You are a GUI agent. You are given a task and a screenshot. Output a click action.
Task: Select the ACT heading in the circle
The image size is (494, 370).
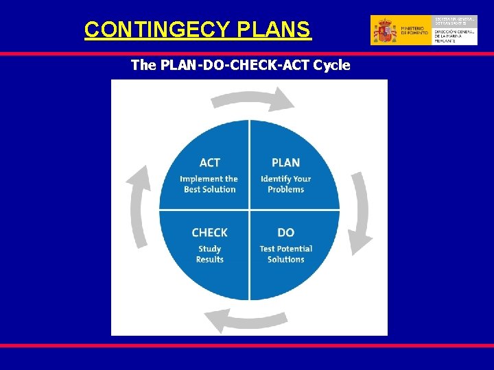coord(210,162)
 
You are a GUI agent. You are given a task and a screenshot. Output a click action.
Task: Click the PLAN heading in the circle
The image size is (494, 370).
coord(285,162)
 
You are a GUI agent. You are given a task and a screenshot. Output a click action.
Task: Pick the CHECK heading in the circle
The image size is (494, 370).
coord(210,233)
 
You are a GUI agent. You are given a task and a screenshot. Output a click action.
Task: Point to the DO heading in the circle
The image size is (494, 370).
coord(285,233)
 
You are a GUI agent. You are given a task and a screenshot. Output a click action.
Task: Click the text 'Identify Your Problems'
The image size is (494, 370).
coord(285,184)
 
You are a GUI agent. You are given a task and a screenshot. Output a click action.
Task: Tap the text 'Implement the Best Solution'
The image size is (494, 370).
coord(209,184)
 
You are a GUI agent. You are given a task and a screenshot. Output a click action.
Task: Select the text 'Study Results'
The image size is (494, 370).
coord(210,254)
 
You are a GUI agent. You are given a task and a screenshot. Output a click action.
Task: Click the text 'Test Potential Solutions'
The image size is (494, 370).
coord(285,254)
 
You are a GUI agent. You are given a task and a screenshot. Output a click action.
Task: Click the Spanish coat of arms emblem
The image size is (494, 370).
coord(384,31)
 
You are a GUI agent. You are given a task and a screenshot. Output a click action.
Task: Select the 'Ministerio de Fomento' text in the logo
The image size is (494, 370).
coord(414,31)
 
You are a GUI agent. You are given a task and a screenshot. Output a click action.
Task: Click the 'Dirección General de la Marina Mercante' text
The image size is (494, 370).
coord(454,35)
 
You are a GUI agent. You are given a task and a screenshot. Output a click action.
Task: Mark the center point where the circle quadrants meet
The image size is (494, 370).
coord(249,210)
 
